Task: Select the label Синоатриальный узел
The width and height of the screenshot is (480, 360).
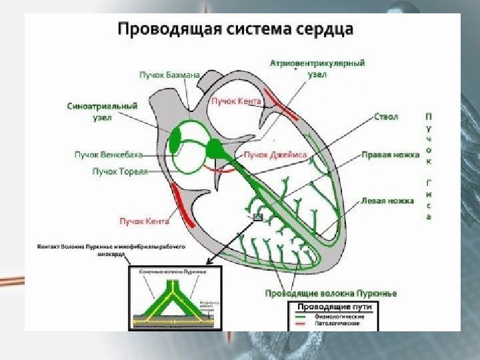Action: pyautogui.click(x=102, y=111)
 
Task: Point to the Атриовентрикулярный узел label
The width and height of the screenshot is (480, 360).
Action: pyautogui.click(x=317, y=69)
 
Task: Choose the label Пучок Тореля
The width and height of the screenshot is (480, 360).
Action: pyautogui.click(x=118, y=171)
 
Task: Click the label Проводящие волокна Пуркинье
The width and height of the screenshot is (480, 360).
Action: pyautogui.click(x=331, y=293)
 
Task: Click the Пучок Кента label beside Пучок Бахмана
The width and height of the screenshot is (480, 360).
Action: pyautogui.click(x=236, y=101)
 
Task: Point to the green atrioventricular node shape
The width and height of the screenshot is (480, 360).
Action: pyautogui.click(x=214, y=148)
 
